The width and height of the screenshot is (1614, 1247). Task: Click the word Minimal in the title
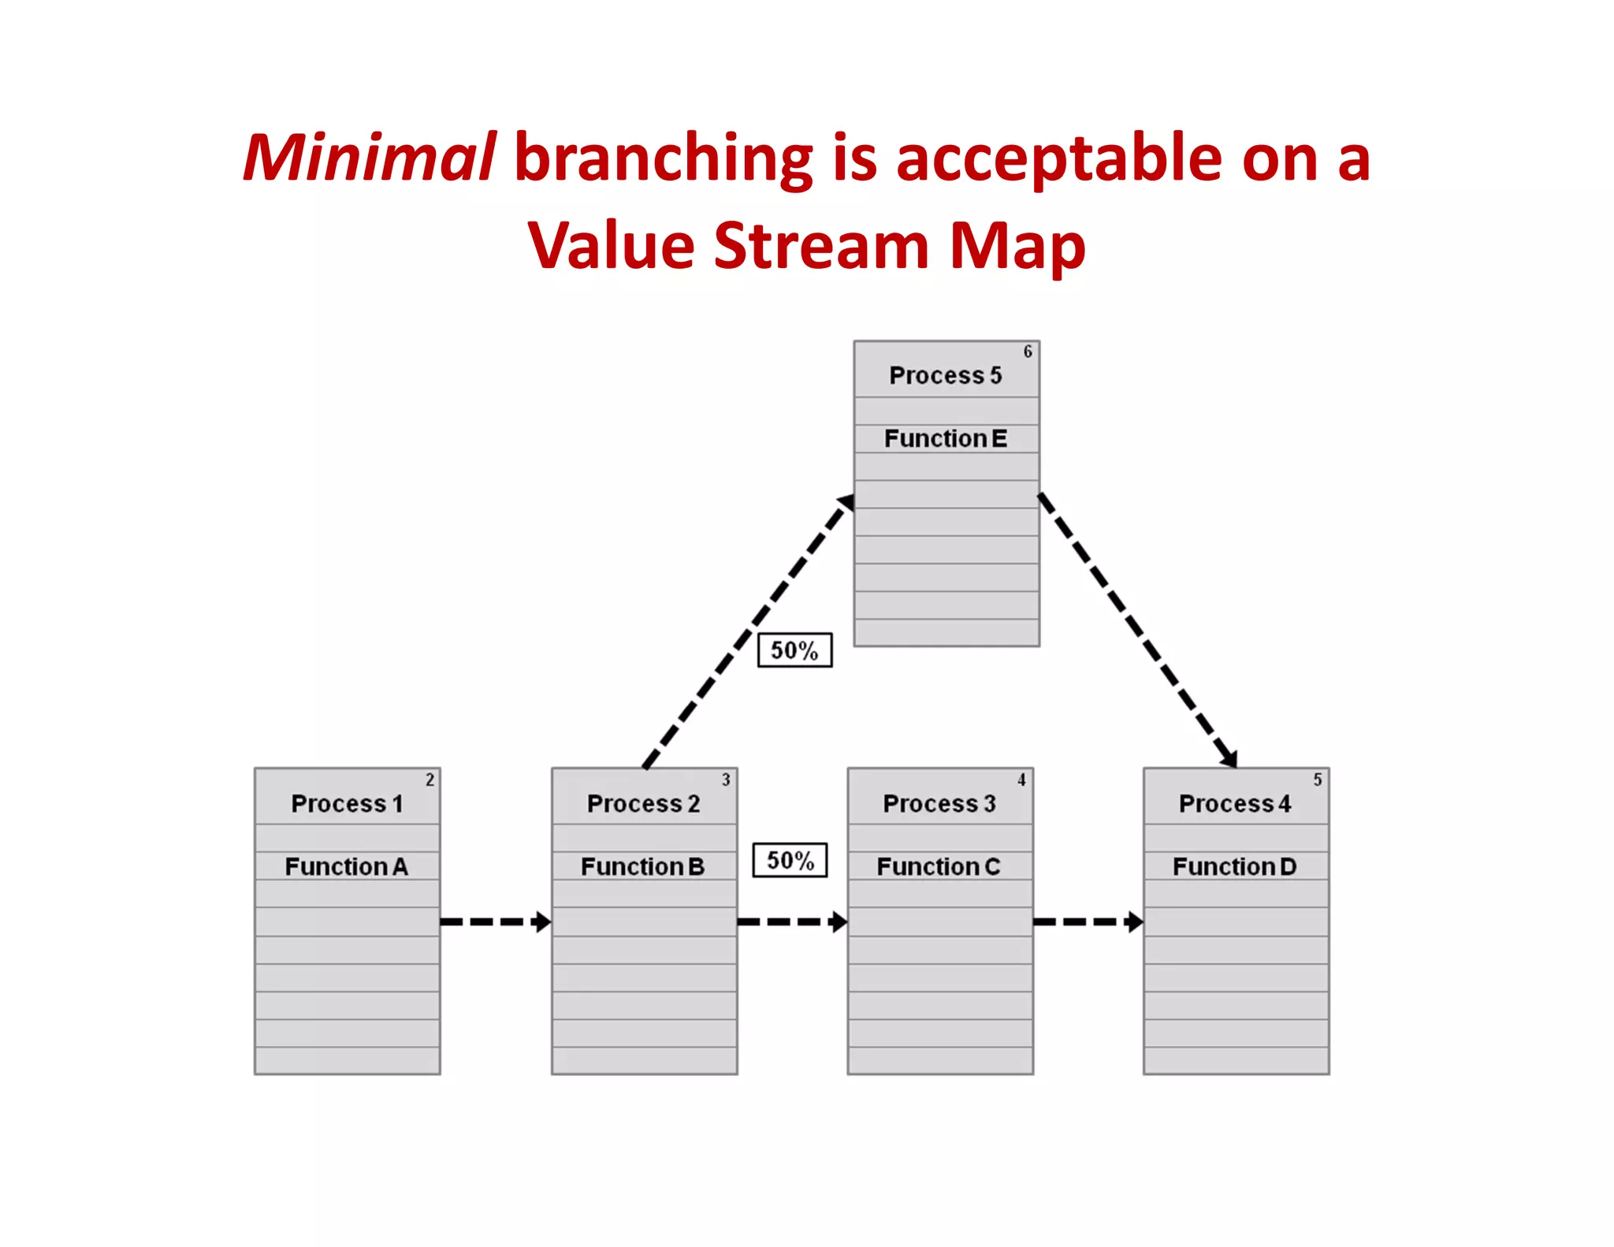click(x=369, y=158)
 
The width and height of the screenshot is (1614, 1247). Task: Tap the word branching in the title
click(x=663, y=159)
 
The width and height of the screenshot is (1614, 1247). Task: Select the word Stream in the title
click(x=822, y=245)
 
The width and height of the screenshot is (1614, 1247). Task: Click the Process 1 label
click(x=347, y=803)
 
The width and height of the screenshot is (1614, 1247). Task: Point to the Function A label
click(x=347, y=866)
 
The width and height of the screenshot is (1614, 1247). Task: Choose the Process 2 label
click(x=643, y=803)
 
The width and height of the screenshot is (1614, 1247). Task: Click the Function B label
click(x=642, y=866)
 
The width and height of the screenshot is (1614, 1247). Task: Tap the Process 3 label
click(x=939, y=803)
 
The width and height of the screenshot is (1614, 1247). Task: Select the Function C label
click(x=939, y=866)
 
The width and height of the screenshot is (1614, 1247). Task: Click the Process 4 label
click(x=1235, y=803)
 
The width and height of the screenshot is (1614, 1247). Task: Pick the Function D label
click(x=1234, y=866)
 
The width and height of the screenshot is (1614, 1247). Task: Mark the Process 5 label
click(x=946, y=375)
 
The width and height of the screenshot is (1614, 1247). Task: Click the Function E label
click(x=946, y=438)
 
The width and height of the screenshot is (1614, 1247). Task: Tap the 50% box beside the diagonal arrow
click(x=794, y=650)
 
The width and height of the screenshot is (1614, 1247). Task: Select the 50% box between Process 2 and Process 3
click(x=790, y=860)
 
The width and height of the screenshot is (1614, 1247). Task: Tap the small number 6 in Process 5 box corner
click(x=1028, y=352)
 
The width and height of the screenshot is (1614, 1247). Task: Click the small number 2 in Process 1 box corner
click(x=430, y=780)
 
